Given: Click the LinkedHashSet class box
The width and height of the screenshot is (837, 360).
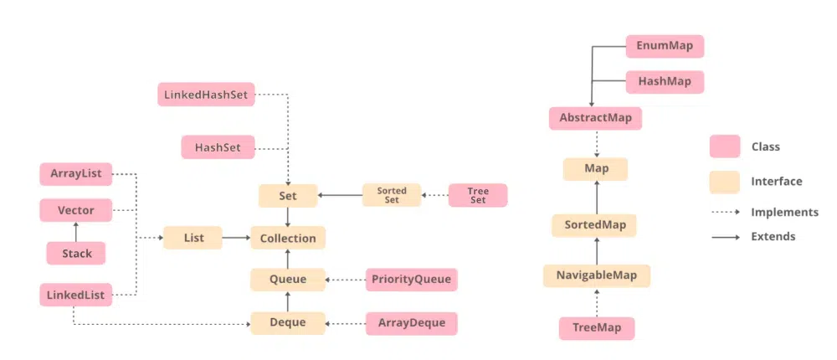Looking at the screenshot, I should tap(206, 95).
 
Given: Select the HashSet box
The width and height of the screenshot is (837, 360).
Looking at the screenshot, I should tap(218, 147).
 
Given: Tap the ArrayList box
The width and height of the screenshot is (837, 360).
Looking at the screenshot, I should tap(75, 174).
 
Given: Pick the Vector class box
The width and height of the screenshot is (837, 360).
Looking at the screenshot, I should tap(75, 210).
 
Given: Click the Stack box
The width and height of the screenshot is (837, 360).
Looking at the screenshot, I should tap(75, 253).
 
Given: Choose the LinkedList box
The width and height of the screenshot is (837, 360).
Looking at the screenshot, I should tap(75, 295).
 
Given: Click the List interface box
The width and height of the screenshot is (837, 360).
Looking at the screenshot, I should tap(193, 239).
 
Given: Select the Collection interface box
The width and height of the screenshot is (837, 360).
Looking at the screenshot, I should tap(288, 239).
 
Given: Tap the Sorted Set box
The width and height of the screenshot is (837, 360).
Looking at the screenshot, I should tap(391, 196).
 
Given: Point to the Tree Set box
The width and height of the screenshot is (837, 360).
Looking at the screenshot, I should tap(478, 196).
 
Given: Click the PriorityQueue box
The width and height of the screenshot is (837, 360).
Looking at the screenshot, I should tap(412, 280).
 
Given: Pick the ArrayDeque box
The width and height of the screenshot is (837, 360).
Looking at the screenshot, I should tap(412, 321).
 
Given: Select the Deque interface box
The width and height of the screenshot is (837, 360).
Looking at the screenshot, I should tap(288, 321).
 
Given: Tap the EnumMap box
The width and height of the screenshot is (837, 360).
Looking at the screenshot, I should tap(665, 46).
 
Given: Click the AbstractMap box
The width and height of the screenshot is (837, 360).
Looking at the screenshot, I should tap(595, 118).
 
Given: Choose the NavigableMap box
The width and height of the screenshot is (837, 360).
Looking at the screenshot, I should tap(596, 275).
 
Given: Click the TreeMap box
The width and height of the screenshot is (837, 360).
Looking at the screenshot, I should tap(596, 328).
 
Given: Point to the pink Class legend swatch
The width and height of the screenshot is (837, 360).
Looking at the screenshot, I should tap(724, 147).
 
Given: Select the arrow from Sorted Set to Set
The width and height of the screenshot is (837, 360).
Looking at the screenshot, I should tap(340, 196).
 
